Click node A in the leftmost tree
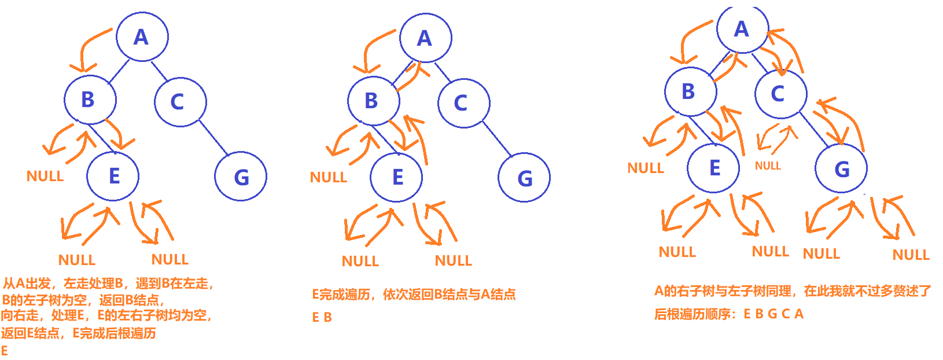pos(142,36)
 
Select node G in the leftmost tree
pos(241,176)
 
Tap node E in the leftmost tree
pos(113,175)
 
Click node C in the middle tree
pos(463,103)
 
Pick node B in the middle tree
pos(373,101)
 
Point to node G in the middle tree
pos(524,177)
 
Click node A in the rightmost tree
pos(742,29)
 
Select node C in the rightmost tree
pos(780,93)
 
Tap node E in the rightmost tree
pos(714,168)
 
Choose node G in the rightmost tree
pos(841,169)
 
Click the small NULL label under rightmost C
pos(768,166)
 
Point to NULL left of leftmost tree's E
pos(45,176)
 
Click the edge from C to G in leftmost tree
pos(213,137)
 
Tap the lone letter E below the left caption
pos(5,351)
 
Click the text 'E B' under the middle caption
pos(322,317)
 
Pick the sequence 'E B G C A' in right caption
pos(773,314)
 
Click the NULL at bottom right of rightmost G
pos(911,255)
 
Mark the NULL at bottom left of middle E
pos(360,261)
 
